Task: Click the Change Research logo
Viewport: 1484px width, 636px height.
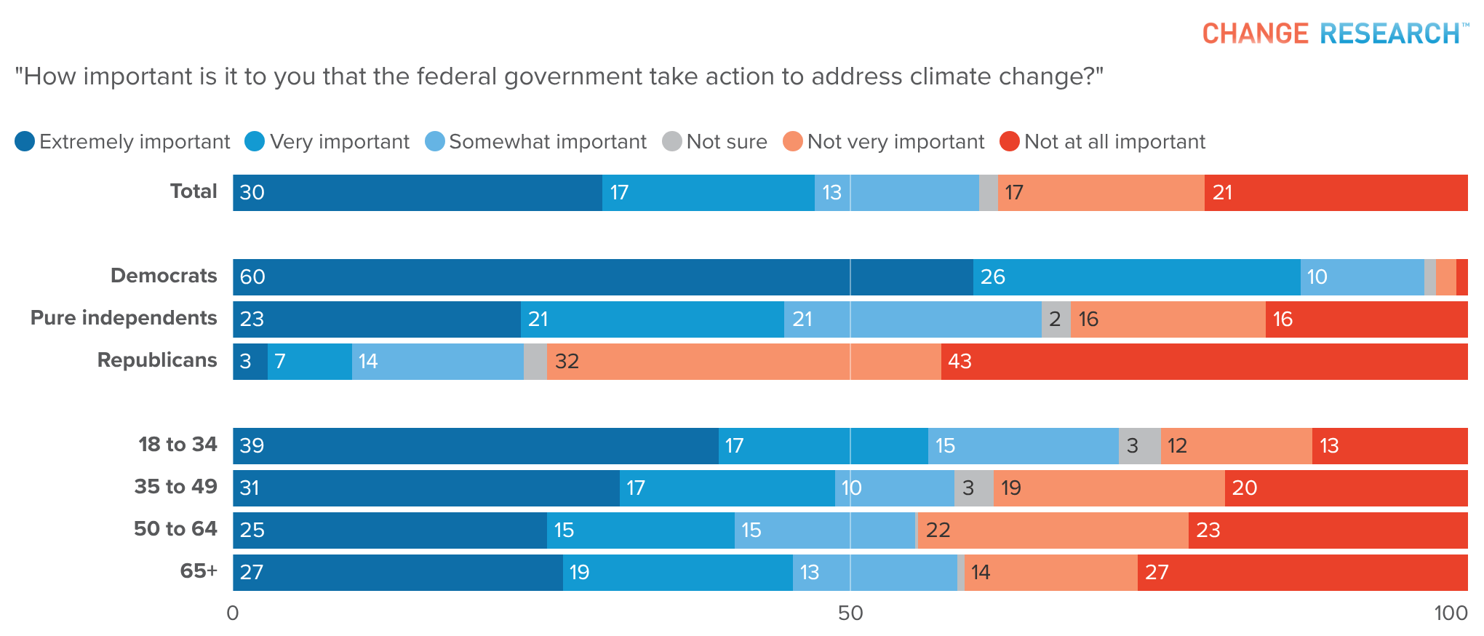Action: click(1334, 33)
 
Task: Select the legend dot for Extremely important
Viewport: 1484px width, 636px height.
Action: click(25, 141)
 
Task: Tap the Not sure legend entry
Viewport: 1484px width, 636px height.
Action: click(714, 141)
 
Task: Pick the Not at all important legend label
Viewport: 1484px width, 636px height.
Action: click(1114, 141)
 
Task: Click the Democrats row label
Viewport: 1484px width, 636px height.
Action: click(164, 276)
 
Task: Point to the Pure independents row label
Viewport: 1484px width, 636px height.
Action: click(124, 318)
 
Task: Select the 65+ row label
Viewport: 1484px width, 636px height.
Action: click(198, 571)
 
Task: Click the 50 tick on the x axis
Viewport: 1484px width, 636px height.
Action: click(850, 613)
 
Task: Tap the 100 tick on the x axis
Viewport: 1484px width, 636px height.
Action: click(1450, 613)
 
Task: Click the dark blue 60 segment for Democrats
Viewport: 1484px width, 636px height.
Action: click(602, 277)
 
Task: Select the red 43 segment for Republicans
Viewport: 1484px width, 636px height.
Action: click(1204, 362)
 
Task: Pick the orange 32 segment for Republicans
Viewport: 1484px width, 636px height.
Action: click(743, 362)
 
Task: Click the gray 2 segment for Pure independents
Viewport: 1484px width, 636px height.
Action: click(1056, 319)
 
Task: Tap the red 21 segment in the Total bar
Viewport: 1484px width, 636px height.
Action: click(1336, 193)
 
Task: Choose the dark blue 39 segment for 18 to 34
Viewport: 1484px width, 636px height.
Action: click(475, 446)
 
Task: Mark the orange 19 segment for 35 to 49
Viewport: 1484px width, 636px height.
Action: click(1109, 488)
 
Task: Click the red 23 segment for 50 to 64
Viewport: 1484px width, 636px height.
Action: click(1328, 530)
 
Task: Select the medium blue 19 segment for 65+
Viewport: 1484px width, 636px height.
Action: click(677, 573)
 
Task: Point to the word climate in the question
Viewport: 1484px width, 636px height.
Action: click(949, 76)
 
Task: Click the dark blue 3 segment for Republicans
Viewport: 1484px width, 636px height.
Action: click(250, 362)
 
